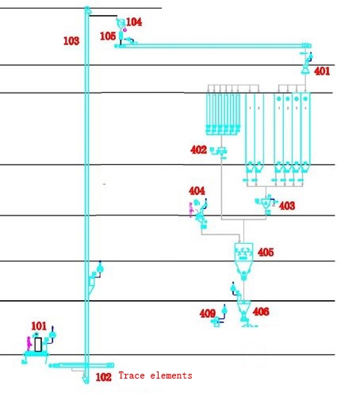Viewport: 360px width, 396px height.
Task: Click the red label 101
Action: click(x=39, y=326)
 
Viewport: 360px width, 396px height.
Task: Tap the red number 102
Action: click(x=103, y=377)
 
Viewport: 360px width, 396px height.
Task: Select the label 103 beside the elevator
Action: click(x=71, y=41)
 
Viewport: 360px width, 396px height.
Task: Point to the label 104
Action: click(x=134, y=22)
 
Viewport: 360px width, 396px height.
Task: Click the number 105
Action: click(x=108, y=36)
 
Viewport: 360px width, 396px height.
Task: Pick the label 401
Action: click(x=322, y=71)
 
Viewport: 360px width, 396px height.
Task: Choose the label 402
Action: click(x=198, y=150)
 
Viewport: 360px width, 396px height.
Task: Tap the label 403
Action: click(x=287, y=206)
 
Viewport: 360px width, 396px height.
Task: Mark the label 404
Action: click(x=197, y=191)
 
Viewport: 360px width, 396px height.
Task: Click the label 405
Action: click(x=266, y=253)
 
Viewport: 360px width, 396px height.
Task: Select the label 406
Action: click(x=261, y=312)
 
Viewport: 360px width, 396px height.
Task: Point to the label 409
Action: click(x=208, y=314)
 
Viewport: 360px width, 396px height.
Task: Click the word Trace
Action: click(x=132, y=375)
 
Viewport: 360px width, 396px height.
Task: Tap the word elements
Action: click(x=171, y=375)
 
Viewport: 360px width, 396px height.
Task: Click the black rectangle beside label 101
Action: click(x=38, y=345)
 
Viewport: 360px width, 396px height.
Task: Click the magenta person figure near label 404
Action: click(x=191, y=210)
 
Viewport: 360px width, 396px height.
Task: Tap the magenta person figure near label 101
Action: click(x=29, y=344)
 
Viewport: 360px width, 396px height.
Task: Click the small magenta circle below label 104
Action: click(x=125, y=30)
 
